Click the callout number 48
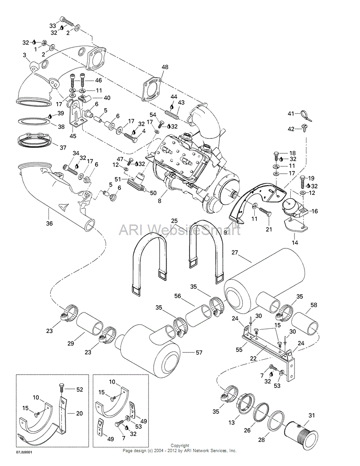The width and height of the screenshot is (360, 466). (165, 67)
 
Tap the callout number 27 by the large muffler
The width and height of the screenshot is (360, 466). (234, 252)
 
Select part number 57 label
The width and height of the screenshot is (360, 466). (199, 352)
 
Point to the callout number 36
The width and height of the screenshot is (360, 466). (49, 223)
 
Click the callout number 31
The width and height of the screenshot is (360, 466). (311, 416)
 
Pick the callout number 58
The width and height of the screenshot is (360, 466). (314, 305)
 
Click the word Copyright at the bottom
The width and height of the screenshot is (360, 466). (180, 446)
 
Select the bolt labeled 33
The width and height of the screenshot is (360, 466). (67, 21)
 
